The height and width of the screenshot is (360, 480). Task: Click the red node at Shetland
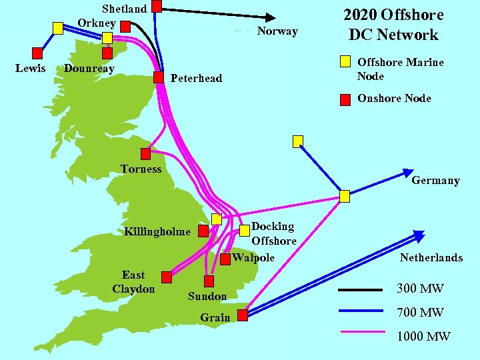pyautogui.click(x=157, y=7)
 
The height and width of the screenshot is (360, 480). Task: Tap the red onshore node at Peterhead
pyautogui.click(x=159, y=77)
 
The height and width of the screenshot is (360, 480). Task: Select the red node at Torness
pyautogui.click(x=145, y=154)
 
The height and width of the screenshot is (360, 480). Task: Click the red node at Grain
pyautogui.click(x=243, y=314)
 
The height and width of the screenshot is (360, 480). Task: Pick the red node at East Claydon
pyautogui.click(x=167, y=277)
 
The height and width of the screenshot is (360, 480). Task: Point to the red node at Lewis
pyautogui.click(x=38, y=53)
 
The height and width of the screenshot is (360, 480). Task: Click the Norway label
pyautogui.click(x=277, y=31)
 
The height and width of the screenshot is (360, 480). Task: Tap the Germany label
pyautogui.click(x=435, y=180)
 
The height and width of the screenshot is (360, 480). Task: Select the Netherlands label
pyautogui.click(x=431, y=257)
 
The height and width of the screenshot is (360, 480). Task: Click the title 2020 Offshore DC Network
pyautogui.click(x=393, y=25)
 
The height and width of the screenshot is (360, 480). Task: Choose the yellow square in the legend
pyautogui.click(x=345, y=62)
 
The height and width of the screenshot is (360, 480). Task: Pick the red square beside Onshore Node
pyautogui.click(x=345, y=100)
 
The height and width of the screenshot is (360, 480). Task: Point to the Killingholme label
pyautogui.click(x=157, y=232)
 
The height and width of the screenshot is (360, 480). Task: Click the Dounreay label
pyautogui.click(x=89, y=69)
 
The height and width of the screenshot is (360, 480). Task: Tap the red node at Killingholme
pyautogui.click(x=203, y=231)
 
